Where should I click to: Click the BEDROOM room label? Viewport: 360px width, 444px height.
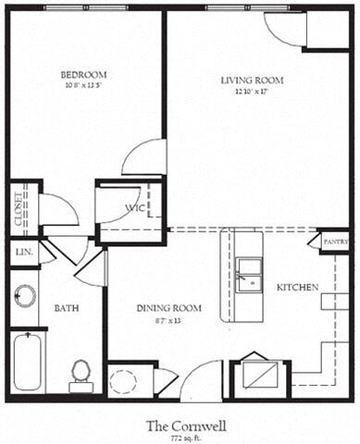pyautogui.click(x=83, y=74)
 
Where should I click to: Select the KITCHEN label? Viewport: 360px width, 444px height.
pyautogui.click(x=298, y=288)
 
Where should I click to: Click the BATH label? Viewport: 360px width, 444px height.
pyautogui.click(x=67, y=307)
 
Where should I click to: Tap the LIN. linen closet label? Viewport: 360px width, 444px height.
pyautogui.click(x=22, y=252)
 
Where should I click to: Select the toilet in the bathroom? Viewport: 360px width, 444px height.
pyautogui.click(x=81, y=374)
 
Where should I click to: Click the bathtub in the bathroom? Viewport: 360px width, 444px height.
pyautogui.click(x=28, y=363)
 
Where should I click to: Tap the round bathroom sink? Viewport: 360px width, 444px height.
pyautogui.click(x=25, y=296)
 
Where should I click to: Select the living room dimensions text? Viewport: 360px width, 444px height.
pyautogui.click(x=252, y=91)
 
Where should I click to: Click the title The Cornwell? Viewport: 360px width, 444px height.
pyautogui.click(x=181, y=425)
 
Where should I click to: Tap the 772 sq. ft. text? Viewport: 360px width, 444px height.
pyautogui.click(x=181, y=438)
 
